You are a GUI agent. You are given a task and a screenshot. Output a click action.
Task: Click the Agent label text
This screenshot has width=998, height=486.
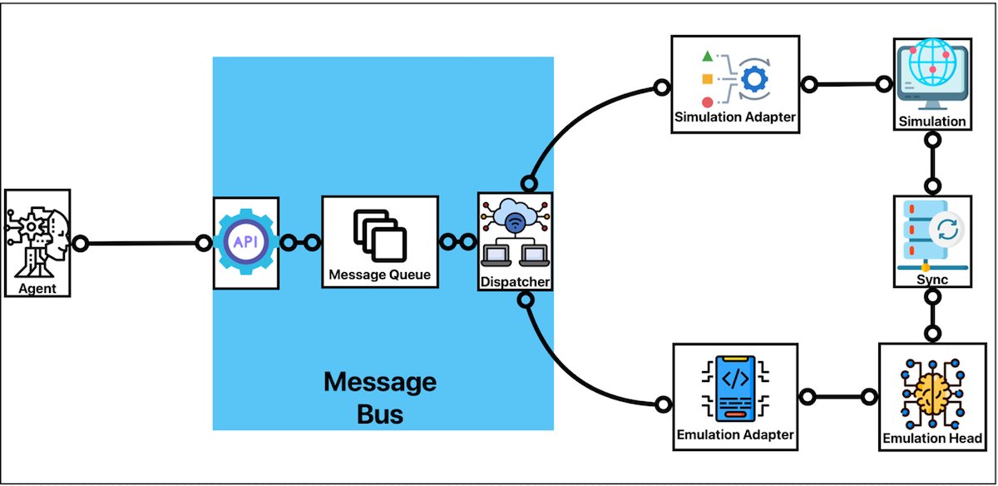37,289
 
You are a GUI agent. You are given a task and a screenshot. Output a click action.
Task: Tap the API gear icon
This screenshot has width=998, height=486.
245,242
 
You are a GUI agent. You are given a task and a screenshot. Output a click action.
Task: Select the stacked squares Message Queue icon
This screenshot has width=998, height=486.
379,235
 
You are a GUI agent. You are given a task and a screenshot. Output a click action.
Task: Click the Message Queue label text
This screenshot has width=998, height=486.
380,274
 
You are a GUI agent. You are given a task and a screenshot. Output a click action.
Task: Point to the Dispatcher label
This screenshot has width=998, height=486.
516,281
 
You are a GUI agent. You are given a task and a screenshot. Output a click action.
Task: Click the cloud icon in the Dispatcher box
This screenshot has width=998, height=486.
516,218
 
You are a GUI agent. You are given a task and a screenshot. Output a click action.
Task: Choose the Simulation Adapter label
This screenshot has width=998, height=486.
734,117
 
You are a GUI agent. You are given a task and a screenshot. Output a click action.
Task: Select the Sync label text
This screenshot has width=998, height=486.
932,280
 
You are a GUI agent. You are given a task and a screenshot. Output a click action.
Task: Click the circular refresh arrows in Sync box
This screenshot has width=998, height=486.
946,230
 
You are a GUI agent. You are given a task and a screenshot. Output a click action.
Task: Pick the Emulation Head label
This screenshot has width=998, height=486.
931,438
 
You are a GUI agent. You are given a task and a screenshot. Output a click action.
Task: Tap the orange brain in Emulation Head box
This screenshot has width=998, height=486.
931,391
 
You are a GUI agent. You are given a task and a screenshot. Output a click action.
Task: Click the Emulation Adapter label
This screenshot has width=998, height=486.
735,434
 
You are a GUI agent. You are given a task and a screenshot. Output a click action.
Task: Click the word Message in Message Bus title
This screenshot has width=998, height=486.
379,382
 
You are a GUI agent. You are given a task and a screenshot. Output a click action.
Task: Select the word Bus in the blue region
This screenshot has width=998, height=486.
380,414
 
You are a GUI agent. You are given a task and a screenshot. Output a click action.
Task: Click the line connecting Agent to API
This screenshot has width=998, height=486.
141,244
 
